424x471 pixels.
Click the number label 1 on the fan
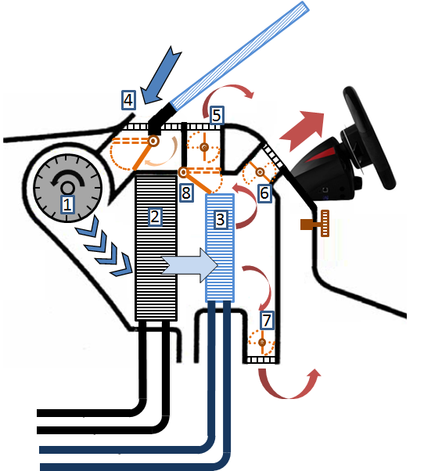(67, 205)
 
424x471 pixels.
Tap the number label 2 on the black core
(155, 217)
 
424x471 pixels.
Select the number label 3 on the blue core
(221, 220)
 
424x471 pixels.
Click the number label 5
(217, 115)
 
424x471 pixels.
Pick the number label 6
(264, 192)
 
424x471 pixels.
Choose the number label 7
(268, 319)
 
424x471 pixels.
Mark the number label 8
(185, 192)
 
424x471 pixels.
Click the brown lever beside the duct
(315, 225)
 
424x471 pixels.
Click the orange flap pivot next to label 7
(261, 342)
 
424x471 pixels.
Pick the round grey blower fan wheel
(67, 188)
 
